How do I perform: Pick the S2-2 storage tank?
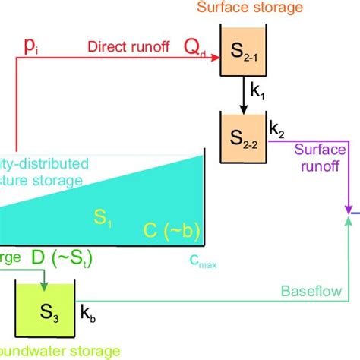click(241, 137)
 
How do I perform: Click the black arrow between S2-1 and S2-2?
click(241, 94)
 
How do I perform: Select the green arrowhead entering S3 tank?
click(44, 286)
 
